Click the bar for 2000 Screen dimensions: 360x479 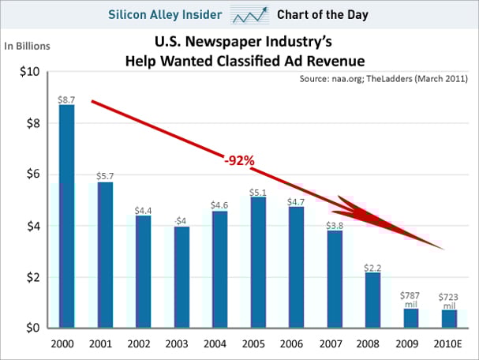click(x=67, y=216)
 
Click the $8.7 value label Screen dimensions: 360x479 click(x=66, y=99)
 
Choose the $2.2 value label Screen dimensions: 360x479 click(x=372, y=267)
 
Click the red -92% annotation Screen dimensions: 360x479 click(x=238, y=160)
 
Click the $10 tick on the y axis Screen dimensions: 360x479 click(x=29, y=73)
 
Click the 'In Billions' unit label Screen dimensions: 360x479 click(x=28, y=46)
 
